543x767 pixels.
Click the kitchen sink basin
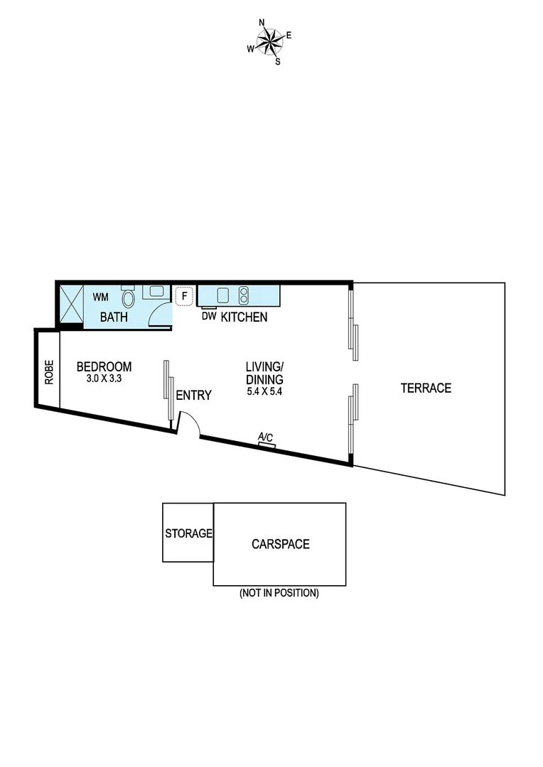(x=222, y=295)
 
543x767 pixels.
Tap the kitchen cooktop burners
(x=243, y=295)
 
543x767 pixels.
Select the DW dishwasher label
(x=208, y=317)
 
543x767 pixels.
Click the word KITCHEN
(x=244, y=317)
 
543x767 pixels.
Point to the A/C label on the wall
(x=266, y=437)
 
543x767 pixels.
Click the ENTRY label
(x=193, y=396)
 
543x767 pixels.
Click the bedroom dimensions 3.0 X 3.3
(x=104, y=379)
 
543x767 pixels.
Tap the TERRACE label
(x=426, y=388)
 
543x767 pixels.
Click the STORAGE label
(x=188, y=533)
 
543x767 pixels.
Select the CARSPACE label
(x=280, y=544)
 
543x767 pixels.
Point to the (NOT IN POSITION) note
(x=279, y=593)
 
